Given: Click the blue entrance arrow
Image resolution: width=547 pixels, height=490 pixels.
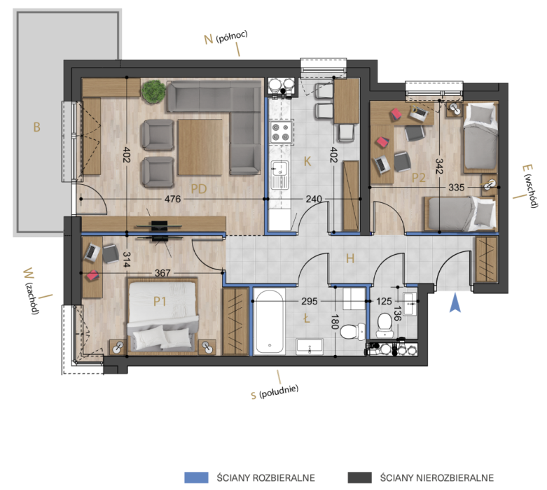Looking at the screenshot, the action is [455, 302].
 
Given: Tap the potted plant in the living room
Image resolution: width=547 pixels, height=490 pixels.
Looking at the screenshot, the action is [153, 92].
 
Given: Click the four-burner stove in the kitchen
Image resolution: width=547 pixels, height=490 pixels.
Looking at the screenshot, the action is [281, 132].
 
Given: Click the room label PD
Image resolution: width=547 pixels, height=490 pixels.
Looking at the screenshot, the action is [199, 189].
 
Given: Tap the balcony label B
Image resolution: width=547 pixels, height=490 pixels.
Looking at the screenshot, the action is [36, 127].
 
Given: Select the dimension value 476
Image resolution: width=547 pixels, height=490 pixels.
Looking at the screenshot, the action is [173, 199].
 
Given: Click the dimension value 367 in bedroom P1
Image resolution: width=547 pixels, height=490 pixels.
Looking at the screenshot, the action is [162, 273].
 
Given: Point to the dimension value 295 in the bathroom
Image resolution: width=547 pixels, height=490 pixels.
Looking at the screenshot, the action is [310, 300].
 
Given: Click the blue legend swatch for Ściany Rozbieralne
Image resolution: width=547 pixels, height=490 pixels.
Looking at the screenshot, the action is [196, 477].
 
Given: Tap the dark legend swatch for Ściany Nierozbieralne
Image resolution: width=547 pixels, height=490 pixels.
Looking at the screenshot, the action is [360, 477].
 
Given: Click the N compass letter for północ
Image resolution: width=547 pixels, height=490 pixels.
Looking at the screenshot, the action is [208, 39].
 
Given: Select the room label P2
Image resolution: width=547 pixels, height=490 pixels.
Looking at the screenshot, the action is [419, 178].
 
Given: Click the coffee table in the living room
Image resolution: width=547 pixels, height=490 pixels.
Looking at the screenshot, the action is [200, 147].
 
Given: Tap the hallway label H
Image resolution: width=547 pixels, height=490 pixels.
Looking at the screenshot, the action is [350, 258].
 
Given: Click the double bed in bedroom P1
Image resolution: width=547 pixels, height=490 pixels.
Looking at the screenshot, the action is [162, 316].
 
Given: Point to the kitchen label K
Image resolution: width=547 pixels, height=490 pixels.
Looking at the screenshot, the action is [307, 162].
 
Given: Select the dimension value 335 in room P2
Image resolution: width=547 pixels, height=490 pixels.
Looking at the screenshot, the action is [456, 188].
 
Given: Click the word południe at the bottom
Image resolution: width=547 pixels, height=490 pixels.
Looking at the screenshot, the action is [279, 391].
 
